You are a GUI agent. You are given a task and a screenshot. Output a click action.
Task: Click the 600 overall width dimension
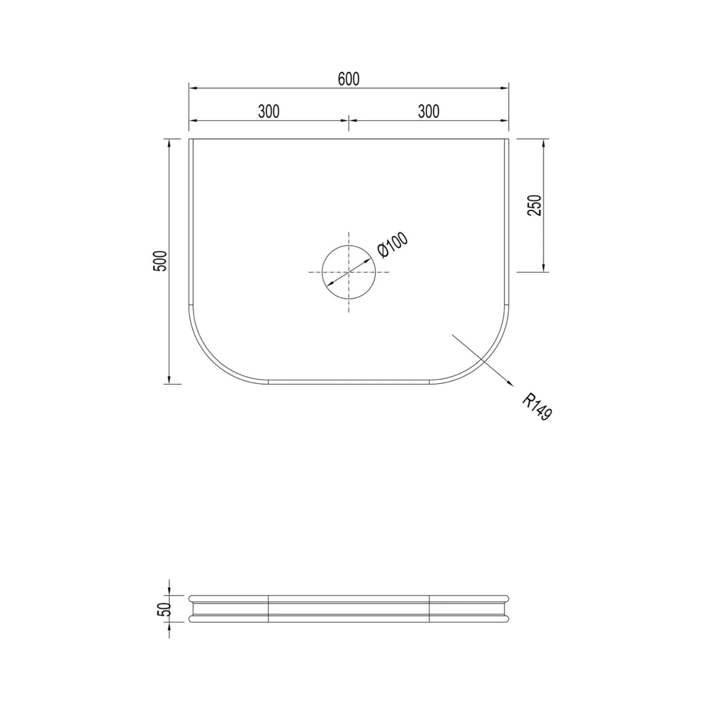pos(348,79)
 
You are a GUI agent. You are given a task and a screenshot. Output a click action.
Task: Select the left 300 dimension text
pos(269,111)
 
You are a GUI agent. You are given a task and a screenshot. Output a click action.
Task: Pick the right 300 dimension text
pos(429,111)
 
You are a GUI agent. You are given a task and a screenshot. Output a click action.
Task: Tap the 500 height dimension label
pos(160,261)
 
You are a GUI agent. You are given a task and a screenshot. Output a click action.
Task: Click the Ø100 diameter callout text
pos(392,245)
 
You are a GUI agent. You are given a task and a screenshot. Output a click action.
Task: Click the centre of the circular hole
pos(349,272)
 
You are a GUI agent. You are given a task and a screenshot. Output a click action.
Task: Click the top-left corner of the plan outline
pos(190,139)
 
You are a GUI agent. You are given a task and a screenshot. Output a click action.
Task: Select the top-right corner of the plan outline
pos(508,139)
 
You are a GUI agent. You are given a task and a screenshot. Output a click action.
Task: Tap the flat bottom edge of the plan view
pos(349,381)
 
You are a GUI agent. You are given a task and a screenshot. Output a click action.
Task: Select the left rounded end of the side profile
pos(192,609)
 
